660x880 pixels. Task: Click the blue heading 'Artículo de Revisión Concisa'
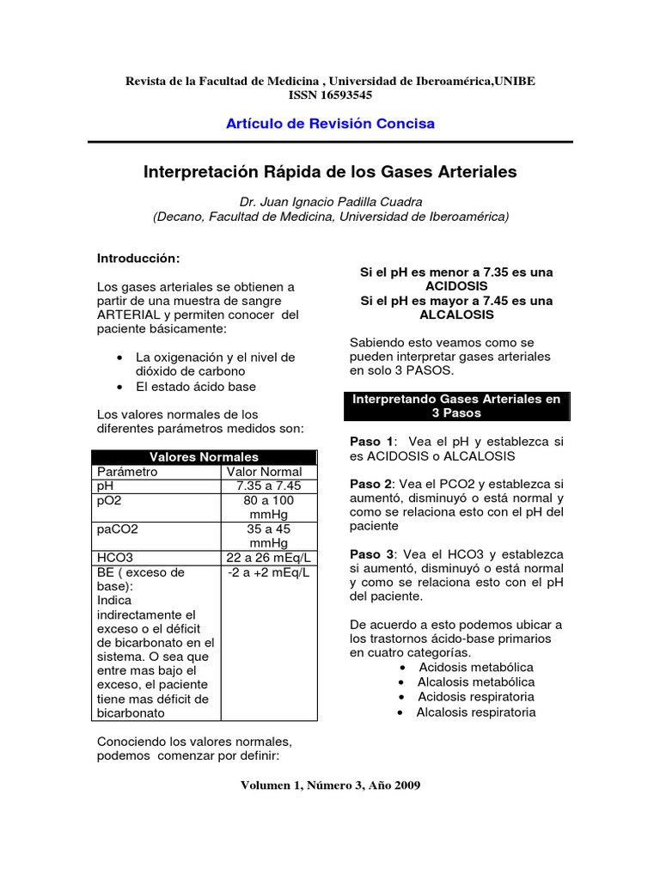(x=330, y=124)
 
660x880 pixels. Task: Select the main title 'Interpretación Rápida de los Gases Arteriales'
(x=330, y=172)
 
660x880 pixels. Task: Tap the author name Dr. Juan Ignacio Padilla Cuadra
(x=330, y=202)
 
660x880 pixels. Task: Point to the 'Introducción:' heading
(x=138, y=258)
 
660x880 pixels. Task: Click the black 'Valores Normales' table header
(x=204, y=456)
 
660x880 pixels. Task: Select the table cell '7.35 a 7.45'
(x=269, y=486)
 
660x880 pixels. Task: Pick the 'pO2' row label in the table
(x=111, y=500)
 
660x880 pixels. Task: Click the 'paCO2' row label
(x=117, y=529)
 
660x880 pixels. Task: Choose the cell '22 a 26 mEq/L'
(x=269, y=558)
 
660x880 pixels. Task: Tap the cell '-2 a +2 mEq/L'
(x=269, y=572)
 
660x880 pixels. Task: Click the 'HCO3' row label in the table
(x=115, y=558)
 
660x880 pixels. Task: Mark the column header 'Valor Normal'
(x=264, y=471)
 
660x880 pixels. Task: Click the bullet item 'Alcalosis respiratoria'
(x=476, y=712)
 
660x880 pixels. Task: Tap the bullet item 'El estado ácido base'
(x=196, y=387)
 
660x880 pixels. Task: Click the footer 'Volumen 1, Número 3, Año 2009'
(x=330, y=785)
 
